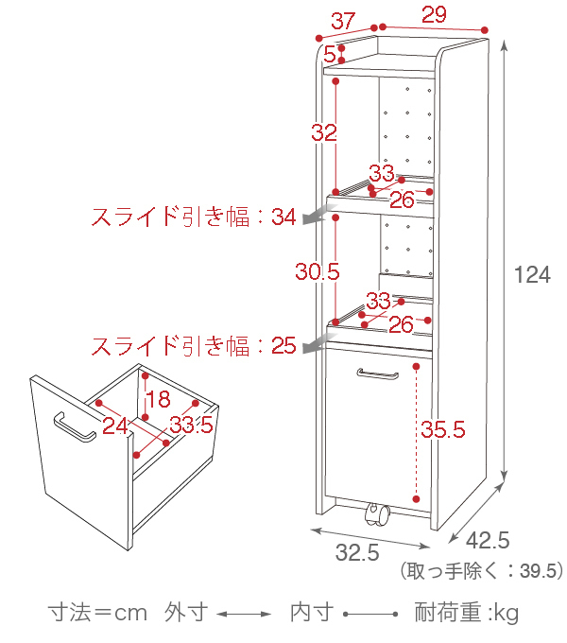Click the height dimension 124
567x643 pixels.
532,275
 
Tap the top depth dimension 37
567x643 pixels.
342,19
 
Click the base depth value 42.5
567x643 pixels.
489,541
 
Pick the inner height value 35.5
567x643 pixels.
443,430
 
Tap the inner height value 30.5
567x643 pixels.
317,272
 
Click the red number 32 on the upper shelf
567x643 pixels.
324,133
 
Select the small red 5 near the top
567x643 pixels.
329,54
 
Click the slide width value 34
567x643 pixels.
283,217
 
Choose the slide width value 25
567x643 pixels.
283,345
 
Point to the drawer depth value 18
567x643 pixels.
158,398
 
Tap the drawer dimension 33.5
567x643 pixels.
191,426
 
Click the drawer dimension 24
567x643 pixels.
115,426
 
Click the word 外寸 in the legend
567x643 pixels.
186,613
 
